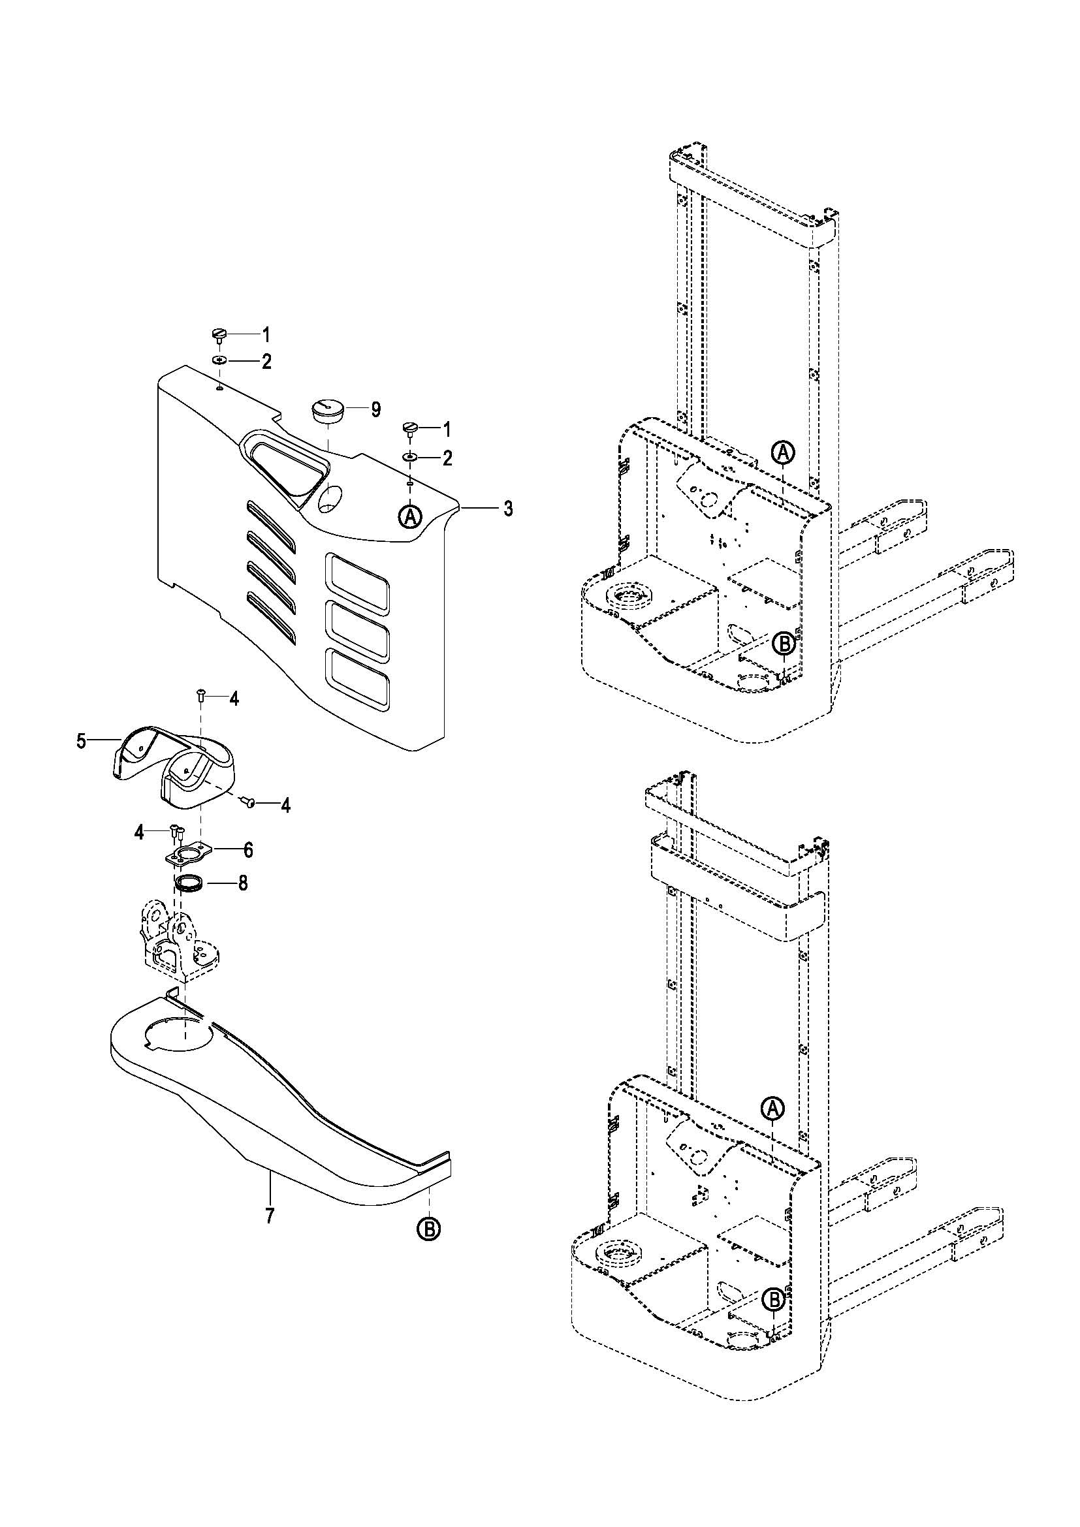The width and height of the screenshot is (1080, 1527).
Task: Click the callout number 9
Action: coord(375,410)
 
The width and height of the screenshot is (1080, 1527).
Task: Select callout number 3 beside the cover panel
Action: coord(508,509)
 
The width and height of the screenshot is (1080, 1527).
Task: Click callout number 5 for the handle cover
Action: coord(81,741)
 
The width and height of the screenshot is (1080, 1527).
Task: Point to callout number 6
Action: coord(248,850)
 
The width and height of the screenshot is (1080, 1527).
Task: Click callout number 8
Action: coord(243,883)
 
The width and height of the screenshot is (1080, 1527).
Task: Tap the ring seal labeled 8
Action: coord(189,885)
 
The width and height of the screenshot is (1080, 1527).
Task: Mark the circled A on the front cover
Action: coord(411,516)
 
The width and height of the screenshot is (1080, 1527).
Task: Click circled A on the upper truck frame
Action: coord(784,453)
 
